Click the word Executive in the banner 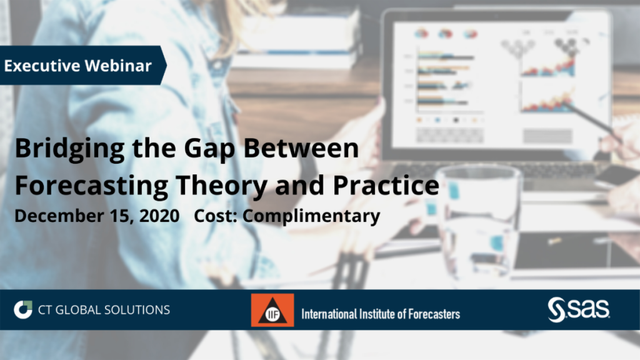pos(42,66)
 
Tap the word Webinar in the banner pos(118,66)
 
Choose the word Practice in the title pos(386,185)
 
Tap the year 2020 pos(159,216)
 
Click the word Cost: pos(216,216)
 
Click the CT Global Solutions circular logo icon pos(23,310)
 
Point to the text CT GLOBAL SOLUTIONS pos(104,310)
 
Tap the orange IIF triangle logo pos(272,310)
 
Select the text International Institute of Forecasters pos(381,314)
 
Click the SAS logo pos(579,309)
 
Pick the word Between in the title pos(301,147)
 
